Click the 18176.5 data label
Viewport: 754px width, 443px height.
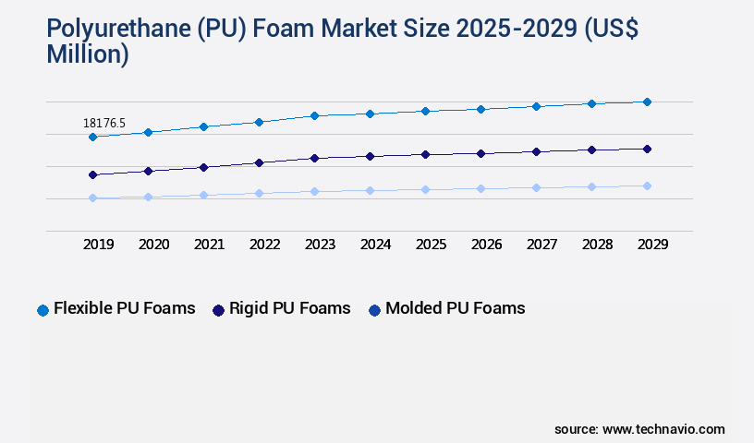(x=103, y=123)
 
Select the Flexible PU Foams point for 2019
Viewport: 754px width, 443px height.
(x=92, y=137)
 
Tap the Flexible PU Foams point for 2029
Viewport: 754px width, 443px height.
(x=647, y=102)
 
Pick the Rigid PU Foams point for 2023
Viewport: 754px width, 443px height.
(x=314, y=158)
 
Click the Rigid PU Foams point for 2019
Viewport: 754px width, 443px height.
(x=92, y=174)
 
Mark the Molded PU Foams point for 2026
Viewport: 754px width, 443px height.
(x=480, y=188)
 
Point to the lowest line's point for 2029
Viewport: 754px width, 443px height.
(x=647, y=186)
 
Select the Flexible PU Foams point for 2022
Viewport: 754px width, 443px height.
(x=259, y=122)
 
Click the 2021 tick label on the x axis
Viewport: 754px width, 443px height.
(x=209, y=245)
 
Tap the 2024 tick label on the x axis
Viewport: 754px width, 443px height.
(x=375, y=245)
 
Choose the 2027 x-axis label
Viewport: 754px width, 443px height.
(x=541, y=245)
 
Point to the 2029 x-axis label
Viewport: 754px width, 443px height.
(x=652, y=245)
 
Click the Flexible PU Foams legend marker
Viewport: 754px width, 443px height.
(x=43, y=310)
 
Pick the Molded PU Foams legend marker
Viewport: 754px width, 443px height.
(x=374, y=310)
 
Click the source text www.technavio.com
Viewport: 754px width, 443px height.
(x=663, y=429)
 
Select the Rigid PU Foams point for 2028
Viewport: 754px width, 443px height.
(x=591, y=150)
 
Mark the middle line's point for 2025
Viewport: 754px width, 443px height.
(x=425, y=154)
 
